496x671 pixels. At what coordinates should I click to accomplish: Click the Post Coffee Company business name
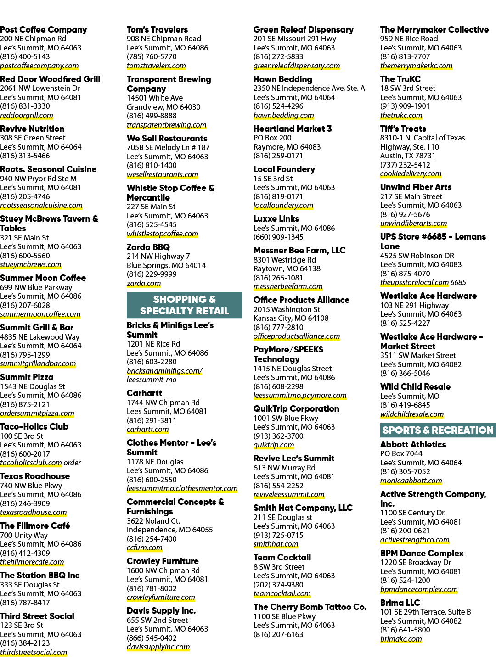point(43,30)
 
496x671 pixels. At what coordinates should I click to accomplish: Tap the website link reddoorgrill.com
point(26,115)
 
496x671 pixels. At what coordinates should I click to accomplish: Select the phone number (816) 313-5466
point(25,156)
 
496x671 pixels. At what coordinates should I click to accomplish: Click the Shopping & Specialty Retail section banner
point(185,305)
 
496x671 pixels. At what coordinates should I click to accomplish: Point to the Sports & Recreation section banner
point(438,430)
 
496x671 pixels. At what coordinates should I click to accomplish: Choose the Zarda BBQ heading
point(148,247)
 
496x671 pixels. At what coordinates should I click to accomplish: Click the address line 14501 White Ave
point(155,98)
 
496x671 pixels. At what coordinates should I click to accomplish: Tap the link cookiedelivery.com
point(411,173)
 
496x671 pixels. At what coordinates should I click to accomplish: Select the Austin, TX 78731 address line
point(407,156)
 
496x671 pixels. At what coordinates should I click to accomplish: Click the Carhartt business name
point(145,393)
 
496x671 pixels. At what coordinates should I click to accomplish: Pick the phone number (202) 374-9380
point(278,585)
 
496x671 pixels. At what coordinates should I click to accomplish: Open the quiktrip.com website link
point(274,445)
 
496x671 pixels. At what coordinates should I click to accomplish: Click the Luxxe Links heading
point(276,219)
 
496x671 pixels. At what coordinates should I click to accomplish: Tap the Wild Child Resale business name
point(415,386)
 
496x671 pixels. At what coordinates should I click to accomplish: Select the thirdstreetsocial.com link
point(34,652)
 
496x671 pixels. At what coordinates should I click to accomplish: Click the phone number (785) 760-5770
point(152,56)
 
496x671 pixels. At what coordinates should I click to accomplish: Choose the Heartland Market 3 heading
point(293,129)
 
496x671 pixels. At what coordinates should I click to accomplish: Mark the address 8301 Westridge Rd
point(285,260)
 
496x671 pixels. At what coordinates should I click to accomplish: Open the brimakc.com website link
point(401,639)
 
